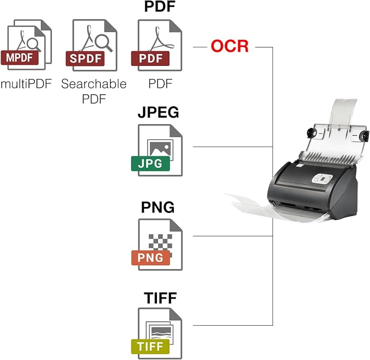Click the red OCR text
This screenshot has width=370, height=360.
[229, 46]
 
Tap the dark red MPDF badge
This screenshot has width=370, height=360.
[20, 58]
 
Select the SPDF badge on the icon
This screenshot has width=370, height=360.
[85, 58]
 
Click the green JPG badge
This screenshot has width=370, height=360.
[150, 163]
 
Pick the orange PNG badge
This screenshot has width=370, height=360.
[150, 258]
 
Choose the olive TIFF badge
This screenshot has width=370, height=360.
[150, 346]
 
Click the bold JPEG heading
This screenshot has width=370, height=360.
[159, 112]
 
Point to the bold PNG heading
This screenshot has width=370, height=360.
[157, 207]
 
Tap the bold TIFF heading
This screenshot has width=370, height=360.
[160, 298]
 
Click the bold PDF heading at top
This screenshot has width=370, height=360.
[160, 7]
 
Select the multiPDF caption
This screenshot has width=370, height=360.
[26, 83]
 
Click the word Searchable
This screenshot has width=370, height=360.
[94, 84]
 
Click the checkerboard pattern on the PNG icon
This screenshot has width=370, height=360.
[160, 243]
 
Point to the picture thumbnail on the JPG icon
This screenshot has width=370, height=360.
[160, 149]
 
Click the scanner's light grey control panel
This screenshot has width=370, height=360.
[323, 179]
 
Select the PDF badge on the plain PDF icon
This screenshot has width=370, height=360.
[150, 58]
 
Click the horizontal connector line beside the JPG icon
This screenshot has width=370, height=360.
[233, 147]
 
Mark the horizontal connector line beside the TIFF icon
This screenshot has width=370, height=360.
[233, 326]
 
